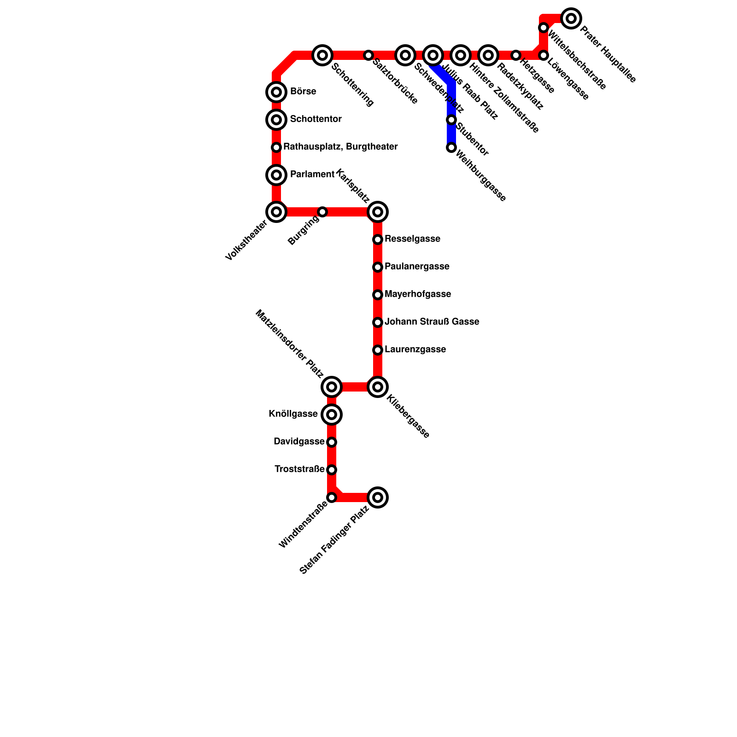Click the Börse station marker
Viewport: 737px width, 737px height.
point(276,92)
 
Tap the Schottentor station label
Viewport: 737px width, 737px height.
point(316,119)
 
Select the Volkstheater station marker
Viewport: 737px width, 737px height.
point(276,212)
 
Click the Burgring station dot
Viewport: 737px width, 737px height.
point(322,212)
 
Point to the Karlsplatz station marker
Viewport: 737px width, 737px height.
point(378,212)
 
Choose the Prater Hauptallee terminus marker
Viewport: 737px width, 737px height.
point(571,18)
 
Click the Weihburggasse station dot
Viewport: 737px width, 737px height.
point(451,147)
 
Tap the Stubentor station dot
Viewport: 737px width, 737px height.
point(451,120)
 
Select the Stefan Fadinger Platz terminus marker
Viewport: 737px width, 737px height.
point(378,497)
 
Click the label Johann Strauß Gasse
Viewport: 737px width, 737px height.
point(432,322)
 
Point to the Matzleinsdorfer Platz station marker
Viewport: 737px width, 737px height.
point(332,387)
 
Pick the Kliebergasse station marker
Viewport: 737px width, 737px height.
point(378,387)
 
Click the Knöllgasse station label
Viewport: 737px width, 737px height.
point(293,414)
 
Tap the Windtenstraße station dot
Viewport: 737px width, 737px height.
point(332,497)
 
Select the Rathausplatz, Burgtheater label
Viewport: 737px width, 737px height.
point(340,147)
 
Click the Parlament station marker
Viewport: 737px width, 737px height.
point(276,175)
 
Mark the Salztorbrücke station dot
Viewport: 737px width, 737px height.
point(368,55)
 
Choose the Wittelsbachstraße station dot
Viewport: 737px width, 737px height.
point(544,28)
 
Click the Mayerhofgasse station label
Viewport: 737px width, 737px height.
point(417,294)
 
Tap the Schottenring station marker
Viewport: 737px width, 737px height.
point(322,55)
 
